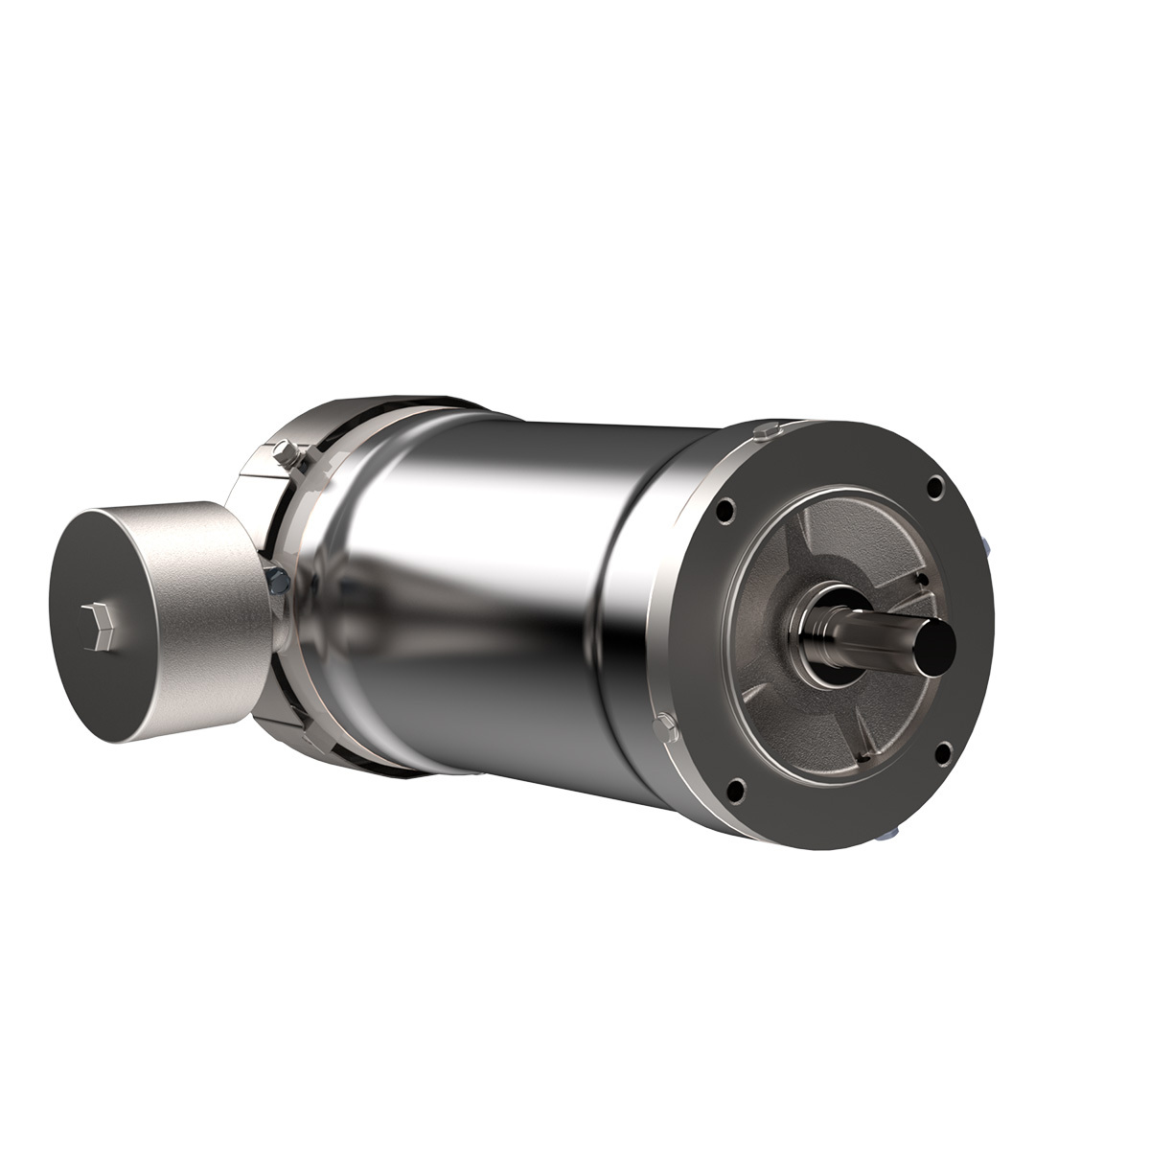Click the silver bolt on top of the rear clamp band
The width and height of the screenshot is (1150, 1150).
point(287,449)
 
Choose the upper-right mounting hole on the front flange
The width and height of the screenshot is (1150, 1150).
point(933,490)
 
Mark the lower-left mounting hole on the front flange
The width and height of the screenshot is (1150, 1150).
point(735,790)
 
